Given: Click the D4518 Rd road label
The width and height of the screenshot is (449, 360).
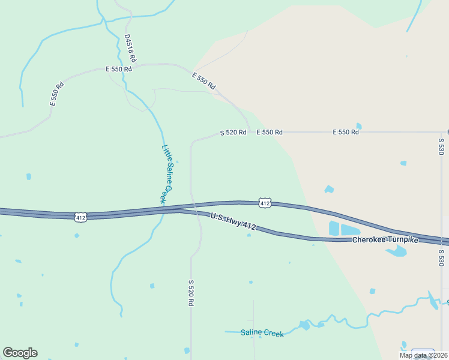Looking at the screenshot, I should pos(130,49).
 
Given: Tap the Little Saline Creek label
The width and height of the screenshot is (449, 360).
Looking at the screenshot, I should pos(167,173).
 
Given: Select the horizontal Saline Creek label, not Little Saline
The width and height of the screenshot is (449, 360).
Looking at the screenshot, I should pos(262,333).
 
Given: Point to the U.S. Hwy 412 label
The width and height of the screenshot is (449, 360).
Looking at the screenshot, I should pos(234,221).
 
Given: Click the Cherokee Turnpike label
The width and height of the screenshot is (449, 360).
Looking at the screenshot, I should pos(384,240).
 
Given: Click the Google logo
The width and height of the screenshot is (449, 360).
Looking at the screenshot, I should pos(20,353).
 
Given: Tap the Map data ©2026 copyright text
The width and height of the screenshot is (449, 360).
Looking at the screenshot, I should pos(424,355).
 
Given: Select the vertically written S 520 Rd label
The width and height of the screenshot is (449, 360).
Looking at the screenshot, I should pos(191,293).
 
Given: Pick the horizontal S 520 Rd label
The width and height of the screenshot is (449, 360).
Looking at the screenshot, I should pos(233,133).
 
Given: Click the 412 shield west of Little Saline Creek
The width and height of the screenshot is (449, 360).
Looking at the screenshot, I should pos(81,217).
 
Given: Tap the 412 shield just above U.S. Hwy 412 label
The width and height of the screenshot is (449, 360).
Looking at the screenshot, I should pos(265,203).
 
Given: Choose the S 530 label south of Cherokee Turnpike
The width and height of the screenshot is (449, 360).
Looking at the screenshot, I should pos(441,258).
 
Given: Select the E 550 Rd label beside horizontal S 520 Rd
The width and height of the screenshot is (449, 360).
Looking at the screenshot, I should pos(270,132).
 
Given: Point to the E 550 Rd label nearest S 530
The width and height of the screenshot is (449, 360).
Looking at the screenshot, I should pos(346,132).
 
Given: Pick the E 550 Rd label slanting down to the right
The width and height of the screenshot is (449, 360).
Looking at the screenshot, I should pos(203,82).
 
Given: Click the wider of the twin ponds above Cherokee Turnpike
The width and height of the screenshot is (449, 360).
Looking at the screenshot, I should pos(351,229).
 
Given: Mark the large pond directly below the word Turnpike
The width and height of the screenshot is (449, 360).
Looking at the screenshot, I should pos(396,251).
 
